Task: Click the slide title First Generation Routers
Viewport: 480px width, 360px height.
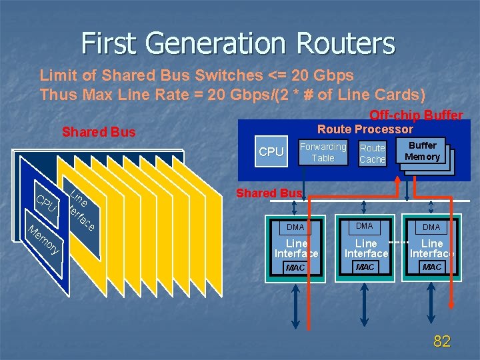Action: click(x=238, y=44)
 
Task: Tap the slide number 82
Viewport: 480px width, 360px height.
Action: click(x=441, y=342)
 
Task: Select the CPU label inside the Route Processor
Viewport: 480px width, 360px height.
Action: click(x=271, y=152)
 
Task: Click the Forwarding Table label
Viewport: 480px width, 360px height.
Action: click(x=323, y=152)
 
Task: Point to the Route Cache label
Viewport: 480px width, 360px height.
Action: click(x=373, y=153)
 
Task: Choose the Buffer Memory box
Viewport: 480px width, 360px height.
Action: click(x=423, y=151)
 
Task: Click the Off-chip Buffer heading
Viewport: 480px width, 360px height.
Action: click(x=416, y=115)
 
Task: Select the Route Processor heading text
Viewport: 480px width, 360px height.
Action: click(x=365, y=129)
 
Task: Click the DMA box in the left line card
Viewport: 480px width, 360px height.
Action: click(x=295, y=228)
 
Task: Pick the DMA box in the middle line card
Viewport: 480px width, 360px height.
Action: click(x=365, y=227)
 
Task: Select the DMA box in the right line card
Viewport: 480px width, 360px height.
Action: click(x=431, y=227)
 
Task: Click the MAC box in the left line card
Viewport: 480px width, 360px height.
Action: click(x=295, y=267)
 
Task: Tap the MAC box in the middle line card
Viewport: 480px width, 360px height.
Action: click(x=365, y=267)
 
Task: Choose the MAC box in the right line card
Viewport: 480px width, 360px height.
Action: click(x=431, y=267)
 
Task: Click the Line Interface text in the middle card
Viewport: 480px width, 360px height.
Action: click(x=365, y=248)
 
